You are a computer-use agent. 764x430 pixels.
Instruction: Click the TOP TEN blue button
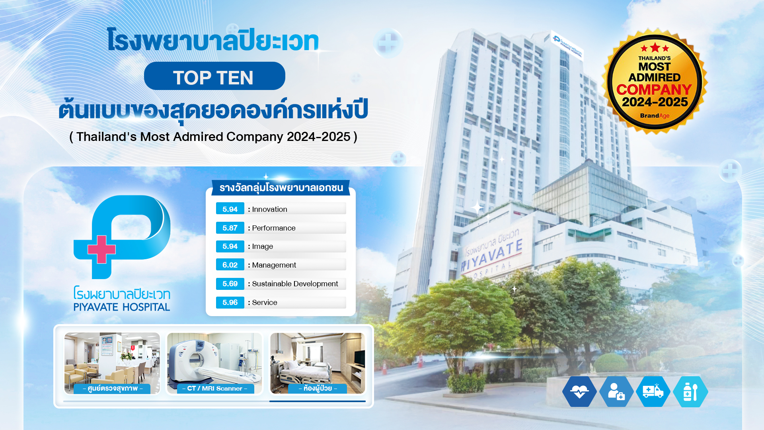pyautogui.click(x=214, y=76)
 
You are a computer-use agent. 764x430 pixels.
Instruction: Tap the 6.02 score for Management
pyautogui.click(x=230, y=265)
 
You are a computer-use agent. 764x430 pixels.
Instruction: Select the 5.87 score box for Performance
pyautogui.click(x=230, y=228)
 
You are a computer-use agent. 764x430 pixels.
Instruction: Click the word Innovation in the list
pyautogui.click(x=269, y=209)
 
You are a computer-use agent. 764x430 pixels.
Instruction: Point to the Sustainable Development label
pyautogui.click(x=295, y=283)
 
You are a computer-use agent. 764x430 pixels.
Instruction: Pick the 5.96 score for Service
pyautogui.click(x=230, y=302)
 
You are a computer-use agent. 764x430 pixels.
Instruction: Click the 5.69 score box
pyautogui.click(x=230, y=283)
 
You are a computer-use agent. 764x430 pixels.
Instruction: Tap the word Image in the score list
pyautogui.click(x=262, y=246)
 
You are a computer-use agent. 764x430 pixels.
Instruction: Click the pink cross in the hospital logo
pyautogui.click(x=101, y=250)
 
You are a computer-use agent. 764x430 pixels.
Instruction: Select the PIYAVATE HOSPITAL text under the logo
pyautogui.click(x=122, y=307)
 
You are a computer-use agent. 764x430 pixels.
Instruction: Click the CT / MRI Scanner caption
pyautogui.click(x=215, y=389)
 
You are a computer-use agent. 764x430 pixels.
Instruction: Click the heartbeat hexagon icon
pyautogui.click(x=579, y=392)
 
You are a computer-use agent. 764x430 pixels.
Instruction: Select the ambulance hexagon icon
pyautogui.click(x=653, y=392)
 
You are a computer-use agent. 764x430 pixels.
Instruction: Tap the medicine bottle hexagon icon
pyautogui.click(x=690, y=392)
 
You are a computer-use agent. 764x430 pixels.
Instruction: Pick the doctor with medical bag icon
pyautogui.click(x=616, y=392)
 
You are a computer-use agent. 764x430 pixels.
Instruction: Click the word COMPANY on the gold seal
pyautogui.click(x=655, y=90)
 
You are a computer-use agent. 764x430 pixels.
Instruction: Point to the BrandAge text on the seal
pyautogui.click(x=655, y=115)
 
